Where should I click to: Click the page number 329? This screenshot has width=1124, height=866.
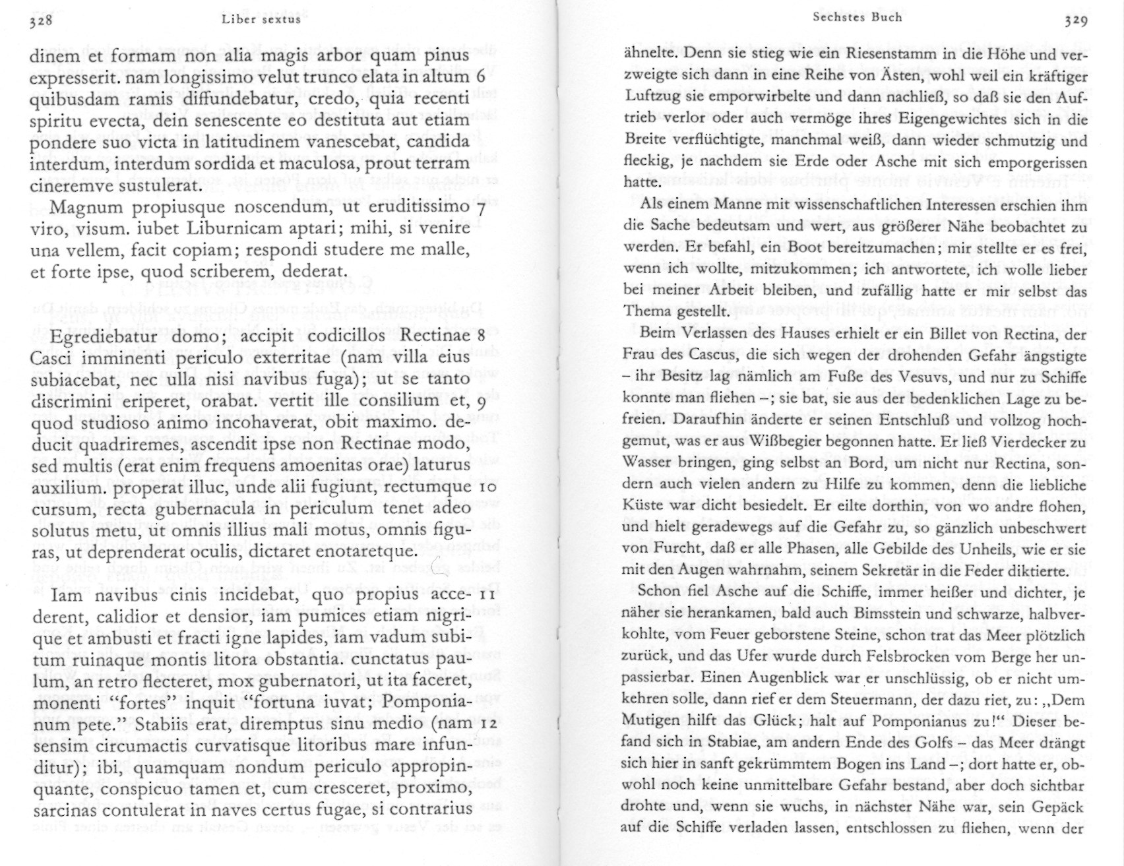tap(1075, 20)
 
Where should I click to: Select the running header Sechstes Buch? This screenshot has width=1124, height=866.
tap(858, 17)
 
